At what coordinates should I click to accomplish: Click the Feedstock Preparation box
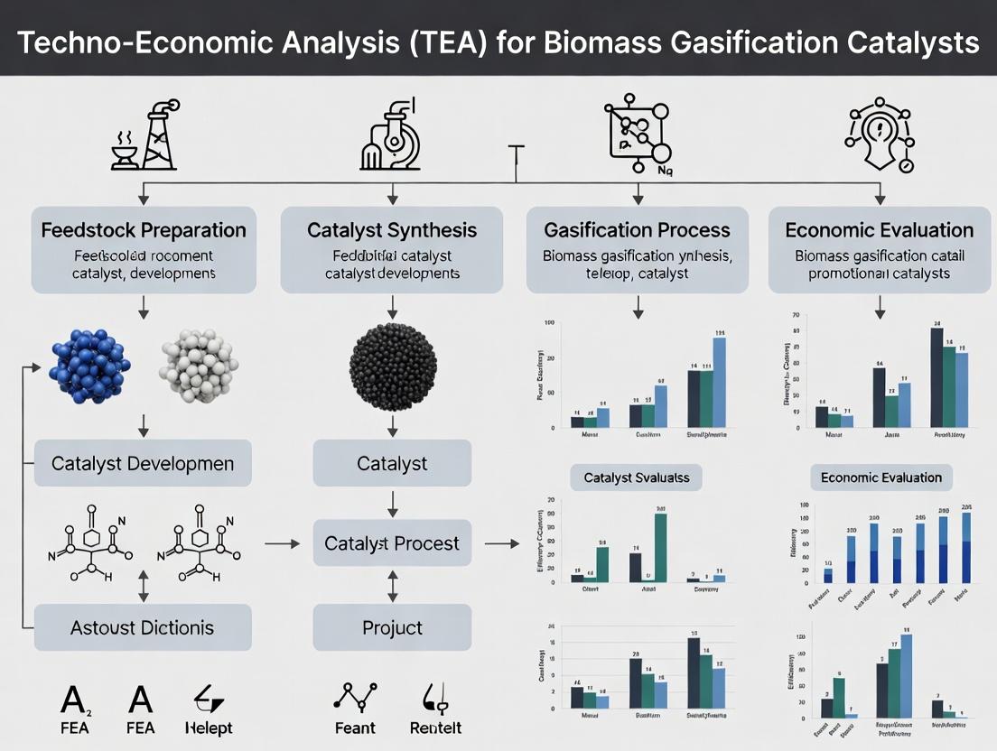(144, 249)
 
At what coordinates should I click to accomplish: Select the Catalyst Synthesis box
(391, 249)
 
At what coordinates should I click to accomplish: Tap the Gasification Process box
(638, 249)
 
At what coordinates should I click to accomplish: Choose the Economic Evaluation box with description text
(879, 249)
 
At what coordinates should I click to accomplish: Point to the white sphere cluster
(199, 365)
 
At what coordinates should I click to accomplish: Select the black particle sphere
(393, 365)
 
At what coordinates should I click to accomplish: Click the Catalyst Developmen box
(143, 464)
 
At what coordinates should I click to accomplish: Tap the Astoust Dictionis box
(143, 626)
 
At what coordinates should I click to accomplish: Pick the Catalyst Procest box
(392, 543)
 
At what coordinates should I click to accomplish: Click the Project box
(392, 627)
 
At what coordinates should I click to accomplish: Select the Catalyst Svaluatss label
(636, 477)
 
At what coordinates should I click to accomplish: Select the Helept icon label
(208, 728)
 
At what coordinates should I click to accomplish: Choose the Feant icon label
(354, 728)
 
